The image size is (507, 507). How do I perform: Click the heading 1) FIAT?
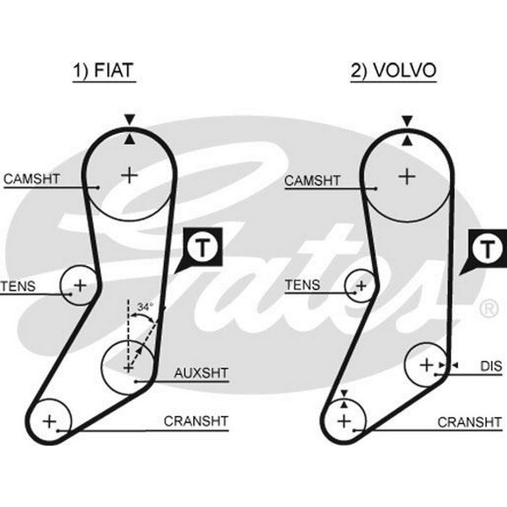point(103,70)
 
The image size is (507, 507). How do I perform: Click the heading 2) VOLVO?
point(393,70)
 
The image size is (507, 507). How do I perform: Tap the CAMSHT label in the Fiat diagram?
point(31,179)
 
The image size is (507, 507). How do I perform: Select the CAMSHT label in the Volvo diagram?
point(312,180)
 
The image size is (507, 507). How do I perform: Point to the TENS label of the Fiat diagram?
point(18,286)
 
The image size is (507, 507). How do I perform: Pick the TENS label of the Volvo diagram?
point(302,285)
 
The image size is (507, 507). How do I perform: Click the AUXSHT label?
point(201,373)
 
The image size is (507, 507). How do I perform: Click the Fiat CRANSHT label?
point(196,421)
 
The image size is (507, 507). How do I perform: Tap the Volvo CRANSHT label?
point(469,422)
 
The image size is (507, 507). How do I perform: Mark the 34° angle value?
point(145,307)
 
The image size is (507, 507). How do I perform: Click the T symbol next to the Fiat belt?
point(202,248)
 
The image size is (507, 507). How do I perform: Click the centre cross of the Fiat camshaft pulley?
point(129,175)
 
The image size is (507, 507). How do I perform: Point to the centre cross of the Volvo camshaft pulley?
point(407,176)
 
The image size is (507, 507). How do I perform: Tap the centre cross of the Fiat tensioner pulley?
point(80,285)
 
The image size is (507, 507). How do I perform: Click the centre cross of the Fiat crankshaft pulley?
point(50,422)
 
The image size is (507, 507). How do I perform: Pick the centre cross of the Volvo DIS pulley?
point(426,365)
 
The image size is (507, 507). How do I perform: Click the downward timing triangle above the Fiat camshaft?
point(129,119)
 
